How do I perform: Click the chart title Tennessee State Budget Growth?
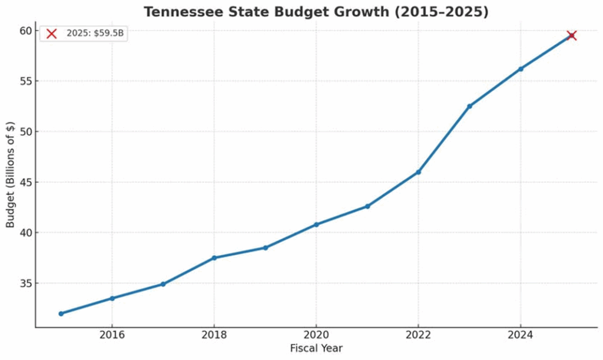pyautogui.click(x=316, y=12)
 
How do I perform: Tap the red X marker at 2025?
pyautogui.click(x=571, y=35)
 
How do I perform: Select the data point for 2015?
pyautogui.click(x=61, y=313)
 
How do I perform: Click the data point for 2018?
pyautogui.click(x=214, y=257)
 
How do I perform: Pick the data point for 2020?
pyautogui.click(x=316, y=224)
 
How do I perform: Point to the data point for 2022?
pyautogui.click(x=418, y=172)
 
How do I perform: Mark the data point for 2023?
pyautogui.click(x=469, y=106)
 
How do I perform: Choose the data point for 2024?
pyautogui.click(x=521, y=69)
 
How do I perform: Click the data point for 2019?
pyautogui.click(x=265, y=247)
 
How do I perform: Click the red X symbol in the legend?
pyautogui.click(x=51, y=34)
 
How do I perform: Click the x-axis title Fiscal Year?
pyautogui.click(x=316, y=348)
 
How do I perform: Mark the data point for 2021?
pyautogui.click(x=367, y=206)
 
